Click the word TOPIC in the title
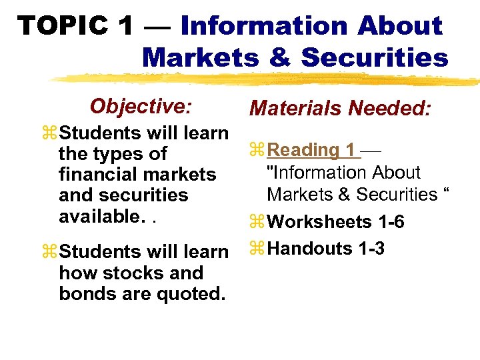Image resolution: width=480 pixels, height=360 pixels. point(63,26)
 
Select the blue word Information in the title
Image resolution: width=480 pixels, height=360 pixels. point(263,26)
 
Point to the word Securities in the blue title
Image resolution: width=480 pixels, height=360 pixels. point(375,57)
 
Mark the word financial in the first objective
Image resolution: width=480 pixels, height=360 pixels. point(101,175)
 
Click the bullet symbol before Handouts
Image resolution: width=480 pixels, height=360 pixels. point(257,249)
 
